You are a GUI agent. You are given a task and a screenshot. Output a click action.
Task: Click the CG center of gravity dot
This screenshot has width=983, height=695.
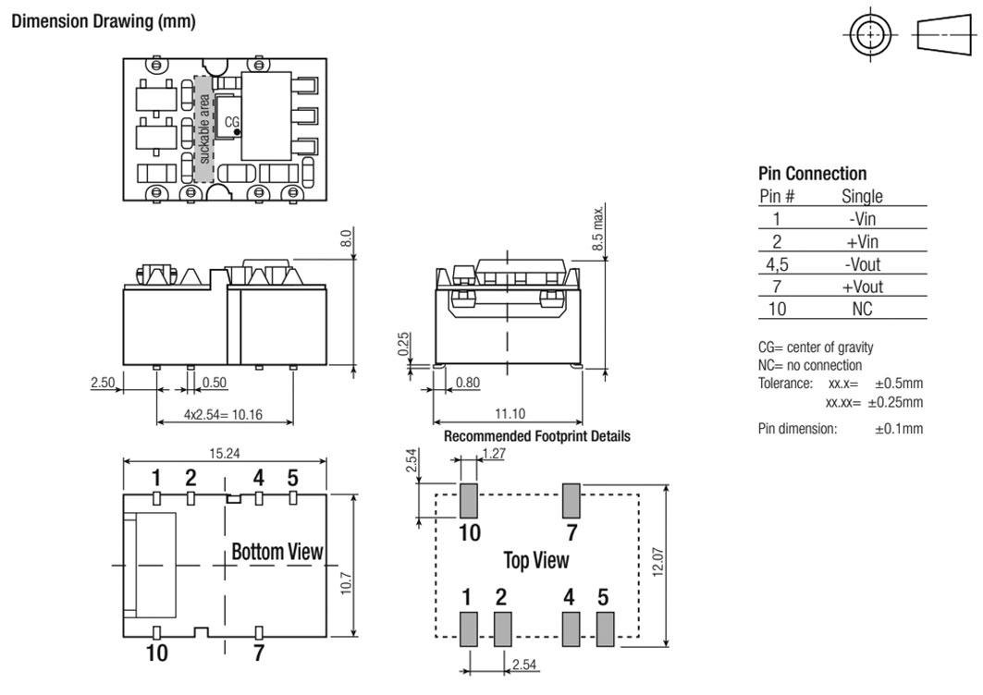point(237,132)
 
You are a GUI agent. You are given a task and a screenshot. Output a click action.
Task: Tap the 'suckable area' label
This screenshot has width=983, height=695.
point(204,129)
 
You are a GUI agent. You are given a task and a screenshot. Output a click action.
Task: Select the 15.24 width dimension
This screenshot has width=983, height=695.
point(225,453)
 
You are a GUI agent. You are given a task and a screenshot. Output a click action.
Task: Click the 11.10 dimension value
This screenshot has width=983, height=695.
point(510,414)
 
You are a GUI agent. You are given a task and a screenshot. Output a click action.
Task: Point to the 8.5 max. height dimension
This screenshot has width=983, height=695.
point(598,227)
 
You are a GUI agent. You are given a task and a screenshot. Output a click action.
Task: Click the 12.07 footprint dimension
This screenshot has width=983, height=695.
point(657,562)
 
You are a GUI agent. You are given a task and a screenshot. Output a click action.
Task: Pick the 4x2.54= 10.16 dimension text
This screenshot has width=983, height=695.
point(223,414)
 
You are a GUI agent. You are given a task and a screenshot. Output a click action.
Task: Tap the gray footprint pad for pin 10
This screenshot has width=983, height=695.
point(468,501)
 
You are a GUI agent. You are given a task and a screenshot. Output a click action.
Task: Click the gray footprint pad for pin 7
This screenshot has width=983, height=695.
point(571,501)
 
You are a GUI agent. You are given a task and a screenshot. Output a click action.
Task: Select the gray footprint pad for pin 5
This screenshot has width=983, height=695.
point(605,629)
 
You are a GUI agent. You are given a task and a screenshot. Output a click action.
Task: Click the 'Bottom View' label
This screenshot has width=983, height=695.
point(277,552)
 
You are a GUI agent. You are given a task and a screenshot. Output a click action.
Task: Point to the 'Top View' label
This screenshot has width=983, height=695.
point(536,560)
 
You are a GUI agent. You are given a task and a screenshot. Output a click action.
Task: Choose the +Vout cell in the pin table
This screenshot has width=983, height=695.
point(862,287)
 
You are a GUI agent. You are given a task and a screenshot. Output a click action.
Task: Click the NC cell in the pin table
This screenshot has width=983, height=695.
point(862,309)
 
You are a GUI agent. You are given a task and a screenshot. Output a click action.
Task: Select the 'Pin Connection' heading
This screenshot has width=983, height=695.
point(813,173)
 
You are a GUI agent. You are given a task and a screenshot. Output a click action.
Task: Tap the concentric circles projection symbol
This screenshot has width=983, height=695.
point(871,34)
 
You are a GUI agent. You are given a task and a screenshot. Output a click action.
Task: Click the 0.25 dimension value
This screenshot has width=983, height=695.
point(404,344)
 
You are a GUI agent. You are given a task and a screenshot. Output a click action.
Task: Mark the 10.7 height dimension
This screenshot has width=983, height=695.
point(347,583)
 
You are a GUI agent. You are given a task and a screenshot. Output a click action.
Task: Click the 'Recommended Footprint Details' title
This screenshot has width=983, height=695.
point(537,436)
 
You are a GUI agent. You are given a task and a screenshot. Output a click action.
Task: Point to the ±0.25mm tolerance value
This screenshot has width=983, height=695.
point(895,402)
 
